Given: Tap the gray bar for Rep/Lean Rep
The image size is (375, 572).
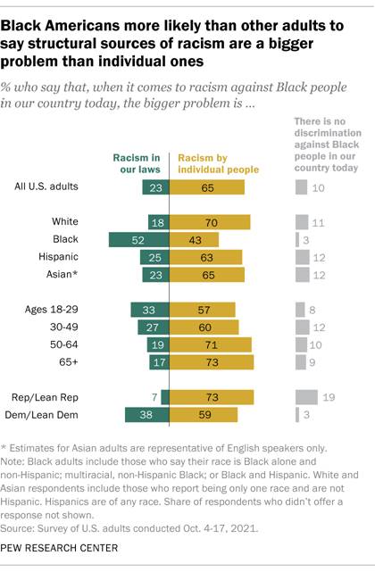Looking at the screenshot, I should pyautogui.click(x=304, y=396).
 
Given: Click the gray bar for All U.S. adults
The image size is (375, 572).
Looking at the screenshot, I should pyautogui.click(x=300, y=187).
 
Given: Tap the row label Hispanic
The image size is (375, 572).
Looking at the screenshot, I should pyautogui.click(x=79, y=256).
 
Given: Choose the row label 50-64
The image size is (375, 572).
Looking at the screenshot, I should pyautogui.click(x=87, y=344).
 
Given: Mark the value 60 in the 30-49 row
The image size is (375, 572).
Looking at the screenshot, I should pyautogui.click(x=204, y=327).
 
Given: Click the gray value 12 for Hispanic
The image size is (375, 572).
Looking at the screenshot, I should pyautogui.click(x=319, y=257).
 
